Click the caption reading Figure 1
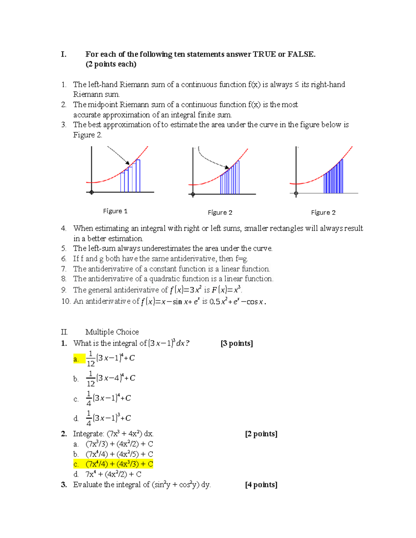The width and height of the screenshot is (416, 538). pyautogui.click(x=115, y=211)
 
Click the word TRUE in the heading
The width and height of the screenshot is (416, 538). pyautogui.click(x=264, y=54)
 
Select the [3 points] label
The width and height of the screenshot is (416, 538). pyautogui.click(x=237, y=343)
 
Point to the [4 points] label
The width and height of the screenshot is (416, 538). pyautogui.click(x=261, y=485)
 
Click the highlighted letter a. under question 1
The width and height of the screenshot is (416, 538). pyautogui.click(x=76, y=359)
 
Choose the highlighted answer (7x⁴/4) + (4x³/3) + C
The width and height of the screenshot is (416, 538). pyautogui.click(x=119, y=464)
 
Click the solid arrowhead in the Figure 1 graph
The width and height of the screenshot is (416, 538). pyautogui.click(x=128, y=163)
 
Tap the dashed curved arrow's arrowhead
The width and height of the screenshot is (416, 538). pyautogui.click(x=227, y=167)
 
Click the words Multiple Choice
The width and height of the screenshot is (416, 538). pyautogui.click(x=112, y=332)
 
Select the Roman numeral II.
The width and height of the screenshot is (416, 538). pyautogui.click(x=64, y=332)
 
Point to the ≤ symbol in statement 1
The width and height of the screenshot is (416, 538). pyautogui.click(x=297, y=85)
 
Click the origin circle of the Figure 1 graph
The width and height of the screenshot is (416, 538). pyautogui.click(x=92, y=192)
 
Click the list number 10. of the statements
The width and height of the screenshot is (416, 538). pyautogui.click(x=66, y=301)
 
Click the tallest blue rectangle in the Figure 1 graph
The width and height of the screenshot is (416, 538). pyautogui.click(x=138, y=176)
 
